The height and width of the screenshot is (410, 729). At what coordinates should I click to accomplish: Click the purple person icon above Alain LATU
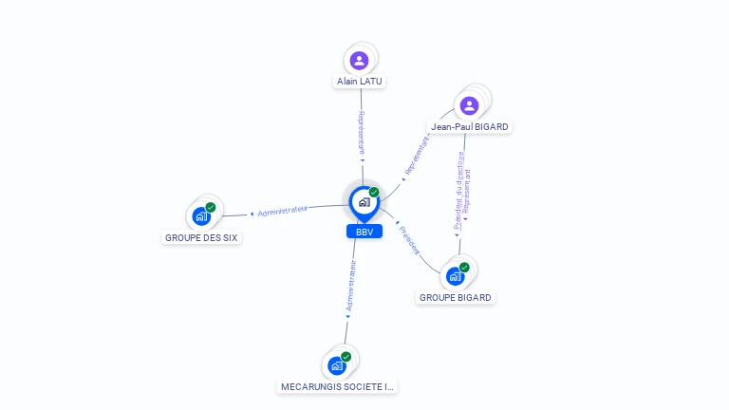pos(359,61)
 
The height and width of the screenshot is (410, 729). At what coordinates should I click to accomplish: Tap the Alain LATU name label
pos(360,82)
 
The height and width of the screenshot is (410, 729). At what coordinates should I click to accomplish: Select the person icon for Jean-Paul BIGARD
pos(468,105)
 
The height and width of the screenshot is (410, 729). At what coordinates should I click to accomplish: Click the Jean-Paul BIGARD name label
pos(470,126)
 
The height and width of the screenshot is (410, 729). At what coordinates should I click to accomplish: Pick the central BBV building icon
pos(364,202)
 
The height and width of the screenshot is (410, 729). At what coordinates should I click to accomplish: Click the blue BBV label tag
pos(364,232)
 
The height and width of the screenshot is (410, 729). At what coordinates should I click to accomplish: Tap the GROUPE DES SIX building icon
pos(201,216)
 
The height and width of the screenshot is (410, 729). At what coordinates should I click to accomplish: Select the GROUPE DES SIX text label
pos(201,237)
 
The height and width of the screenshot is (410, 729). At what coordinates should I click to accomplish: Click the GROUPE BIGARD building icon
pos(456,276)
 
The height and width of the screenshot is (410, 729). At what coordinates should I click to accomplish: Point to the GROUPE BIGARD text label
pos(456,297)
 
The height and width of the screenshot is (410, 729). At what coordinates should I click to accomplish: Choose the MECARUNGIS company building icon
pos(337,365)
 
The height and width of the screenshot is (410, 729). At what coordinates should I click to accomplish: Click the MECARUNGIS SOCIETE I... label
pos(337,386)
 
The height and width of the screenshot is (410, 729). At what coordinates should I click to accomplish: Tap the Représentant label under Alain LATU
pos(361,134)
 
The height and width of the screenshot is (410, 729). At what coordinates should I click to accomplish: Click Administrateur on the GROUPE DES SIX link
pos(282,211)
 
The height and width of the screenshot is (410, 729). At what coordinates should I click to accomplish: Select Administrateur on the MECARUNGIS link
pos(349,289)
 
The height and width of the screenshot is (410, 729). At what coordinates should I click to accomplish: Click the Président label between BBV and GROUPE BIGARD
pos(411,240)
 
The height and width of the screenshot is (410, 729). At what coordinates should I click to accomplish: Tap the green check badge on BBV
pos(374,193)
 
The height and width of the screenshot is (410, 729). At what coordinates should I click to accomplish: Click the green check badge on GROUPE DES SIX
pos(211,207)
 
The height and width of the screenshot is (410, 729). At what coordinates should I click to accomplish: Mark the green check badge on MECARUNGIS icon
pos(346,357)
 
